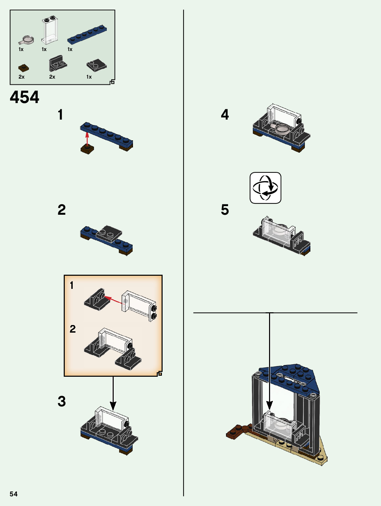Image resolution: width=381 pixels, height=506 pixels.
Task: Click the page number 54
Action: pos(13,494)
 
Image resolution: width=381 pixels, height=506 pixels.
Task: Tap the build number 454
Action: pos(24,97)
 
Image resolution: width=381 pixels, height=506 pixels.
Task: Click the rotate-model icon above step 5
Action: pos(265,188)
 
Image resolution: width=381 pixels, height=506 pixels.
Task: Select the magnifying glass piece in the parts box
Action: pos(26,41)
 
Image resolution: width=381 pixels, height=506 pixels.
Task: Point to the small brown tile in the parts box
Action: pos(23,68)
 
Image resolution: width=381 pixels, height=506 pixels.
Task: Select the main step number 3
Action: pos(62,401)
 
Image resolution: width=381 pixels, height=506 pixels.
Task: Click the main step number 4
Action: pos(225,114)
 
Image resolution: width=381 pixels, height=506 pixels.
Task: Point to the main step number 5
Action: pos(225,210)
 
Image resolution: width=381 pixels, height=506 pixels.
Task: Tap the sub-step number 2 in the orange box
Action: pos(73,329)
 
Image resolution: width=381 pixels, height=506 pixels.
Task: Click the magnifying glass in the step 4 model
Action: pos(282,129)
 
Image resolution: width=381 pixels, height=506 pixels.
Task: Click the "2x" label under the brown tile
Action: pos(21,77)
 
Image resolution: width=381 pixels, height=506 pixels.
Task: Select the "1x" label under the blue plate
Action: pos(70,49)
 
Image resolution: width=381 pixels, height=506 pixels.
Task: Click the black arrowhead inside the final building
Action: pos(269,406)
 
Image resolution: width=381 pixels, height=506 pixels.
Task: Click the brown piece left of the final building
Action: pos(238,431)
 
